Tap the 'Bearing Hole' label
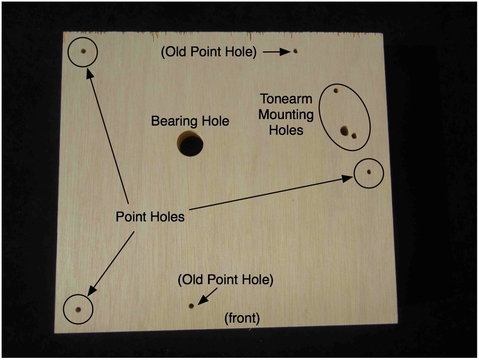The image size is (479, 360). (x=190, y=121)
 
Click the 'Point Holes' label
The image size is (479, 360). (x=150, y=217)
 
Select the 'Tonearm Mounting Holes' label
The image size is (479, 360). (x=286, y=115)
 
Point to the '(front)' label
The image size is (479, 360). (x=242, y=319)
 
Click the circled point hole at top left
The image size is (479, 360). (x=83, y=52)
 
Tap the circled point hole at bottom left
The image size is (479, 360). (x=78, y=310)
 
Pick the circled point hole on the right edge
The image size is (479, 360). (x=368, y=172)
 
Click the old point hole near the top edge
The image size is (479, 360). (x=295, y=51)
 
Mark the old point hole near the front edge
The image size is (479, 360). (x=191, y=306)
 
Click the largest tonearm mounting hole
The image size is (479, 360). (x=344, y=130)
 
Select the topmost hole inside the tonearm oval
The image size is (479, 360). (x=336, y=90)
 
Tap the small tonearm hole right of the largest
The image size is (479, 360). (x=354, y=135)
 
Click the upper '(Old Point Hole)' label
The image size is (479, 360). (x=209, y=52)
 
